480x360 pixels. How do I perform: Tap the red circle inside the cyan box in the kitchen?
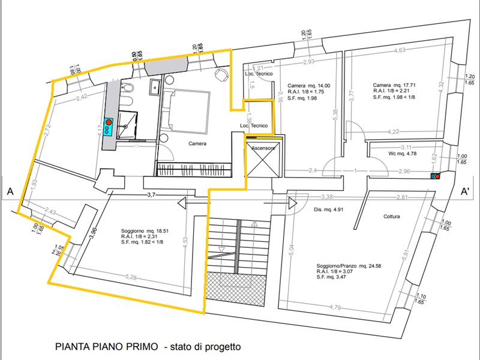tap(109, 122)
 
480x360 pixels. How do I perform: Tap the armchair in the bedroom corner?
tap(221, 74)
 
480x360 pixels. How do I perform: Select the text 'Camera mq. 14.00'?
tap(308, 85)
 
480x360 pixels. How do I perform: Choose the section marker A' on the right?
tap(464, 192)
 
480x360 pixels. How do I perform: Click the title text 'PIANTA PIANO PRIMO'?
tap(107, 346)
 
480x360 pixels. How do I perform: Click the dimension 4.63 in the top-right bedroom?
tap(399, 51)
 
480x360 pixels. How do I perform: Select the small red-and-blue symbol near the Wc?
tap(435, 176)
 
